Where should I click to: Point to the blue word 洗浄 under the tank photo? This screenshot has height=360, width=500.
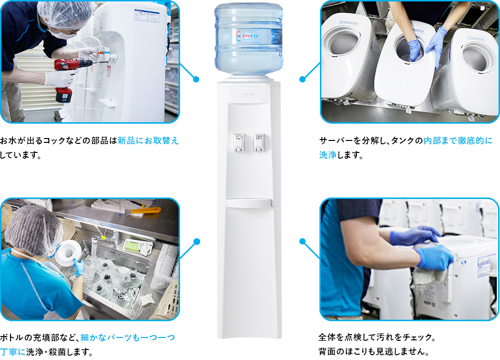(x=329, y=155)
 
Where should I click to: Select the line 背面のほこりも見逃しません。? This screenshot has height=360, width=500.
(x=374, y=351)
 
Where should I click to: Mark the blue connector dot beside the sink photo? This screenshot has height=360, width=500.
(x=196, y=241)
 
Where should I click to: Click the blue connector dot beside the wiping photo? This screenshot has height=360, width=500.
(x=302, y=241)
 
